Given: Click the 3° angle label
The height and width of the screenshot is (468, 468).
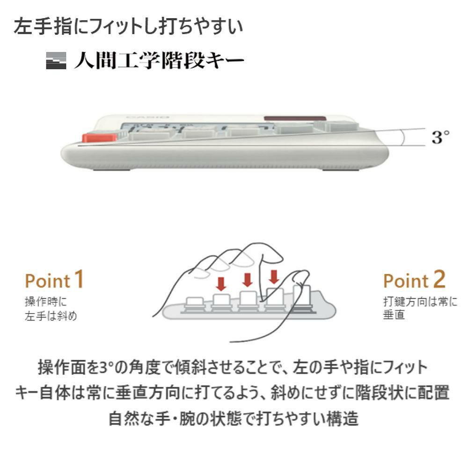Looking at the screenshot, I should [x=440, y=138].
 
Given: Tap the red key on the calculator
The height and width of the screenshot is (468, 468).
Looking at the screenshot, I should [x=99, y=138].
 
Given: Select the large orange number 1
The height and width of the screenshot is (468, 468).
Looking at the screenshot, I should [x=79, y=279].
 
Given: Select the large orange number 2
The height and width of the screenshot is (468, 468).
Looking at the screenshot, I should [x=439, y=279].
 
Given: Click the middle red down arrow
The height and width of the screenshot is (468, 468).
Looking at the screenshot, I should [x=248, y=279].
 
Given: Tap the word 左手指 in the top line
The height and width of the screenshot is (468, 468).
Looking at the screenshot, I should [x=37, y=26].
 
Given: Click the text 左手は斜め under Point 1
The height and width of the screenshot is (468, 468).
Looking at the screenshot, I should [x=51, y=316].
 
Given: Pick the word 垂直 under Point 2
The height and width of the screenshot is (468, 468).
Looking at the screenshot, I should [x=394, y=316].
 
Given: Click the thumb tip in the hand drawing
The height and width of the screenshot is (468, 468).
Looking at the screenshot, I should [x=300, y=276].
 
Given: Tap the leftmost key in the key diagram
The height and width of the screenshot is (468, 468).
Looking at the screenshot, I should [x=193, y=302].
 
